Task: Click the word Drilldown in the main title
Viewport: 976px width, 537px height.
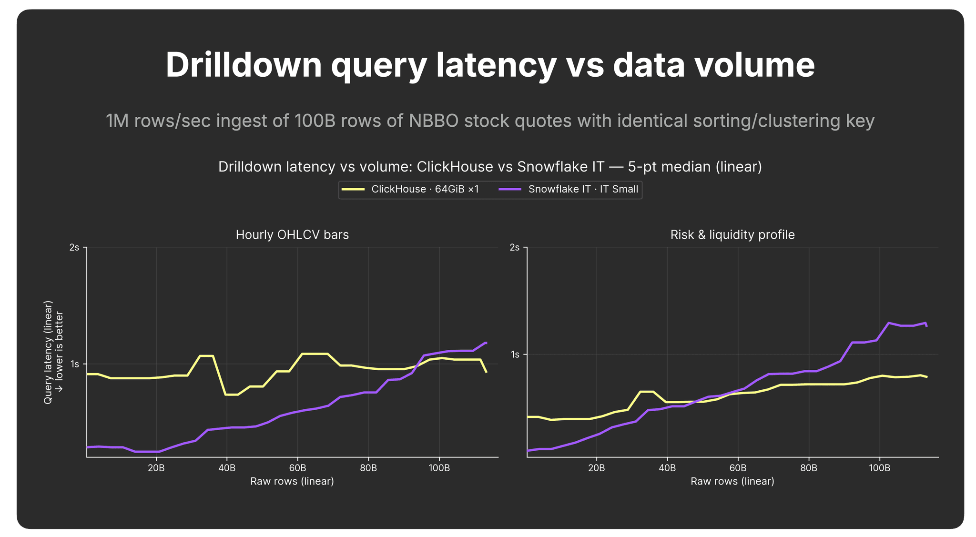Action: point(244,65)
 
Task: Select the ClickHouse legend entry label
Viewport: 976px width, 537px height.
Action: point(425,189)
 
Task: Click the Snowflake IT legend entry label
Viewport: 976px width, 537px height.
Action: point(583,189)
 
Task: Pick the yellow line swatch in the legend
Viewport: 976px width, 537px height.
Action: point(353,189)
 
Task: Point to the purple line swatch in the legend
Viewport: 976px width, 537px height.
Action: point(510,189)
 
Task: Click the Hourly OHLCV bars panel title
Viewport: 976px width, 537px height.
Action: point(292,235)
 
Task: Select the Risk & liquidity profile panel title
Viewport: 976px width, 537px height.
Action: point(732,235)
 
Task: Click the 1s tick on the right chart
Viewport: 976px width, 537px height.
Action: point(515,355)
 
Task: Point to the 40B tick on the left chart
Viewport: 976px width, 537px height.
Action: point(227,468)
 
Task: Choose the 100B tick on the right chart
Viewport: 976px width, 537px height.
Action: point(880,468)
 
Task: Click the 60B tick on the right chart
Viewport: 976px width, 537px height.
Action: point(738,468)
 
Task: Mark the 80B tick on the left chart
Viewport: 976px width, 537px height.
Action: point(368,468)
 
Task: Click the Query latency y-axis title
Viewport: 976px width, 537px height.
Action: point(53,352)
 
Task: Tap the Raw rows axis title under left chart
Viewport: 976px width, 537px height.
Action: point(292,481)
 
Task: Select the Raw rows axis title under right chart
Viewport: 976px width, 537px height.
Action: point(732,481)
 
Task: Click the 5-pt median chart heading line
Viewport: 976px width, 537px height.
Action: point(490,167)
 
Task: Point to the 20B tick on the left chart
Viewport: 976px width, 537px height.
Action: point(156,468)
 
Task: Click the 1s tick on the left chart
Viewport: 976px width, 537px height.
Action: point(75,365)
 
